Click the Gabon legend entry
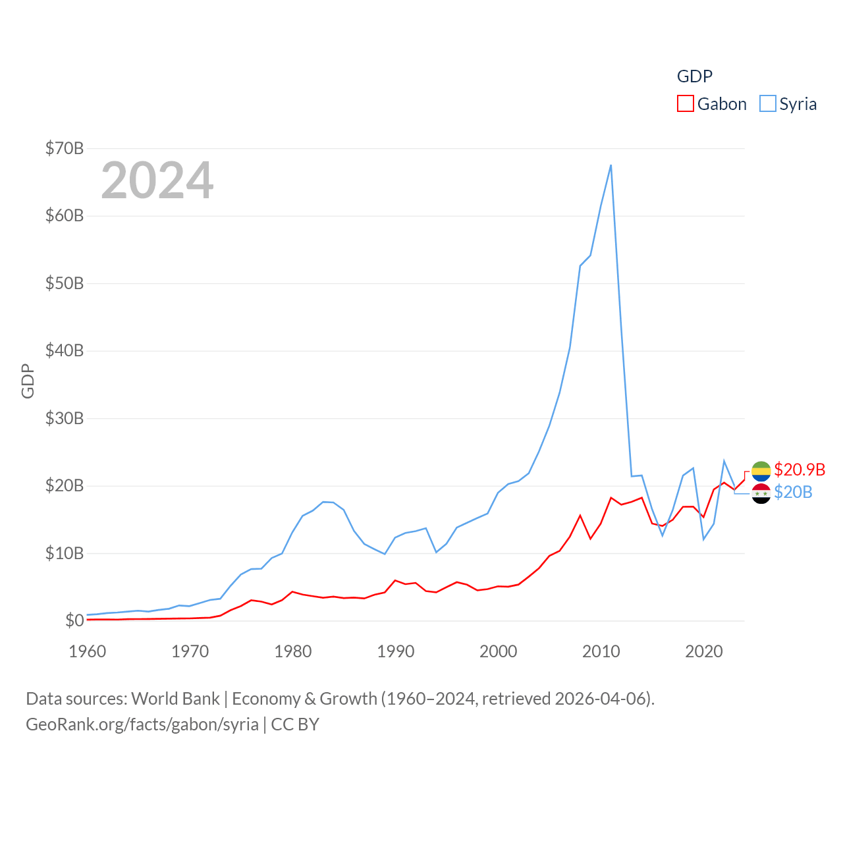click(712, 104)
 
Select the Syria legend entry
click(788, 104)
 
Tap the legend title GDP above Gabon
click(695, 76)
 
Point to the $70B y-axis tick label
click(65, 148)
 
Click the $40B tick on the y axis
click(65, 350)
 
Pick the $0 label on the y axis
click(74, 620)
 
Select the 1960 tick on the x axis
click(88, 651)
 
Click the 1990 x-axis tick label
click(396, 651)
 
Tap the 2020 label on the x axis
click(704, 651)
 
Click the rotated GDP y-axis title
click(28, 381)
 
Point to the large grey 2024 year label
click(157, 180)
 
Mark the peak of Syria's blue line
click(611, 165)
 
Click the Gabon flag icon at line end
click(761, 470)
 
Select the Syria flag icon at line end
click(761, 493)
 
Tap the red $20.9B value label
click(800, 470)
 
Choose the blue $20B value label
click(793, 492)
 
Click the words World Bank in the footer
click(175, 698)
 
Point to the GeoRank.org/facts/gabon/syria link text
click(142, 724)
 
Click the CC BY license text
click(295, 724)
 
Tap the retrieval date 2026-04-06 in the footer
click(602, 698)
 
